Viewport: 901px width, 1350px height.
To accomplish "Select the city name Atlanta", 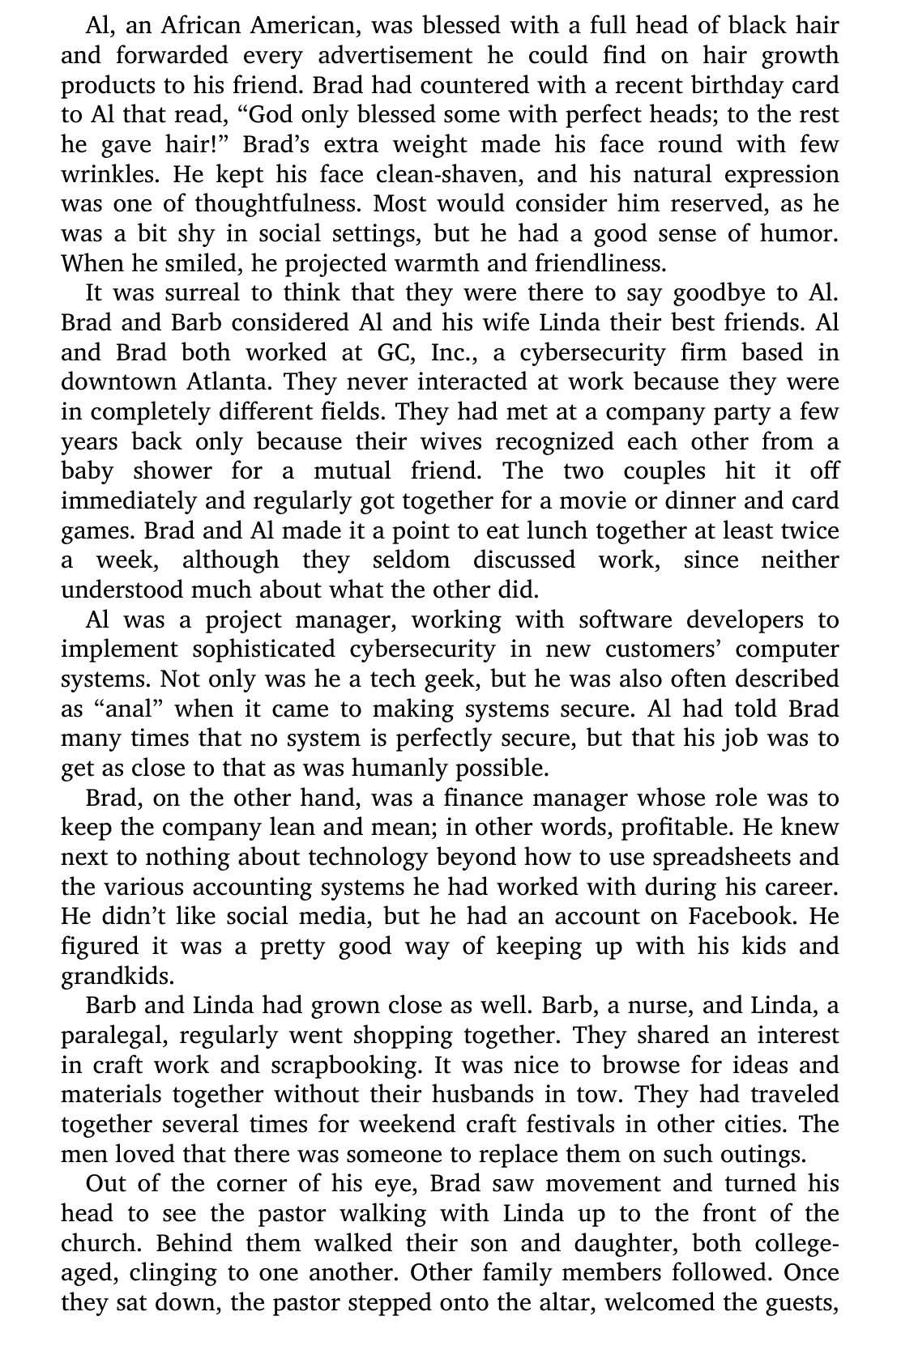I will click(x=229, y=382).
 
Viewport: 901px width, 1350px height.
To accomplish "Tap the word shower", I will click(x=173, y=471).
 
